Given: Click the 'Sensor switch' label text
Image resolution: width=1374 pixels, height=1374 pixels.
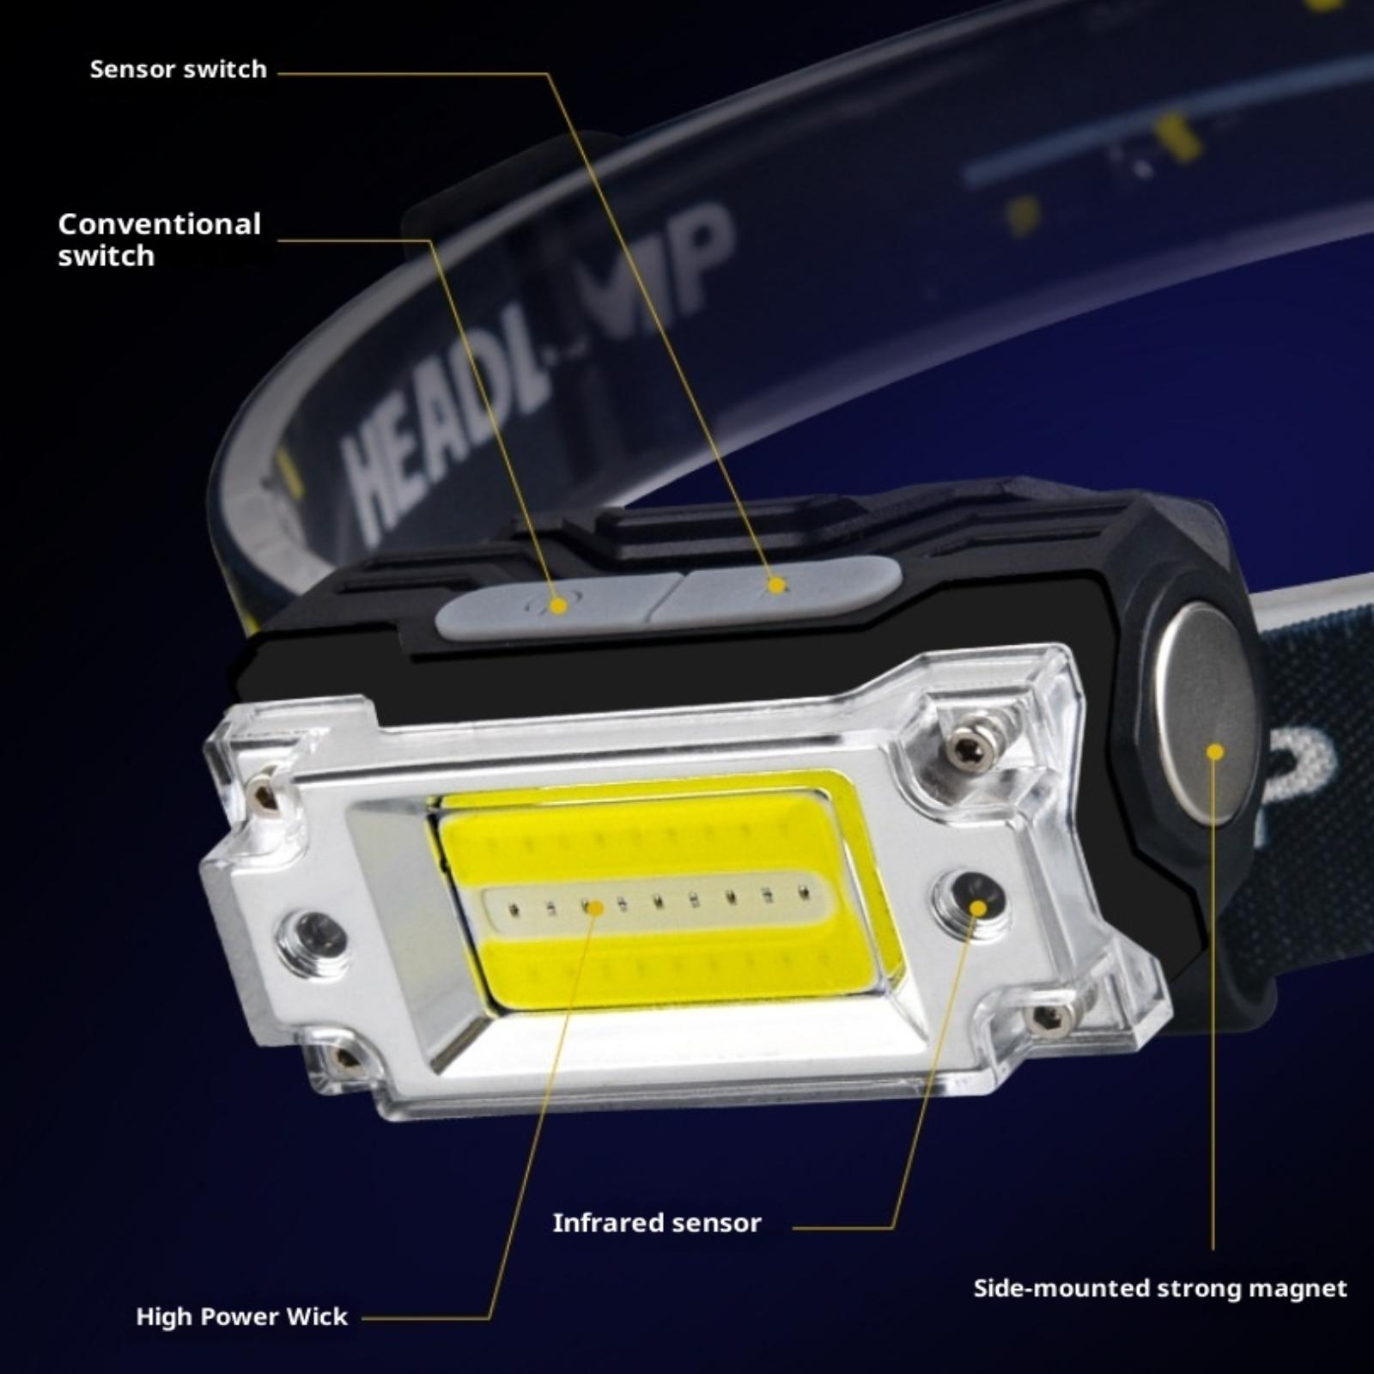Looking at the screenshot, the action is tap(179, 70).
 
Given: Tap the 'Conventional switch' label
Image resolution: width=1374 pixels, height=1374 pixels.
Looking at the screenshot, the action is tap(159, 240).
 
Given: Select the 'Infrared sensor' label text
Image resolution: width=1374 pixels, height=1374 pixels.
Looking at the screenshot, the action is tap(657, 1223).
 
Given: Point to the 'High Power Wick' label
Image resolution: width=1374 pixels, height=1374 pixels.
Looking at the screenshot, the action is tap(242, 1316).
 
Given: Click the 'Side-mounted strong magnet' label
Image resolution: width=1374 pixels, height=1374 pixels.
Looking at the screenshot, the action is tap(1160, 1288).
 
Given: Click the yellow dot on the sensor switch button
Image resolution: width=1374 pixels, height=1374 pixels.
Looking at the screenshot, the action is tap(777, 586).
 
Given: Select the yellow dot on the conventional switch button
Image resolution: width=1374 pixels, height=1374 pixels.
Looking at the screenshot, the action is tap(558, 605).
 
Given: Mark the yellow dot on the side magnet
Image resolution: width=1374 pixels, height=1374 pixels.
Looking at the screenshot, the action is tap(1214, 752).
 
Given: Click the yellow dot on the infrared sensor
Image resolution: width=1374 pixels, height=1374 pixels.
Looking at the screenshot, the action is tap(978, 909).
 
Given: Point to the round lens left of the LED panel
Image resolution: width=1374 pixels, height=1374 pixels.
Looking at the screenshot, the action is tap(313, 933).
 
